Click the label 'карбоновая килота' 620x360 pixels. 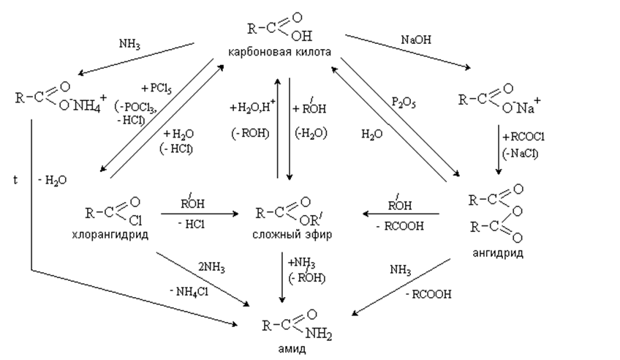point(279,52)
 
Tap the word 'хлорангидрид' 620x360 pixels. point(110,235)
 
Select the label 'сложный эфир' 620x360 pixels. point(292,234)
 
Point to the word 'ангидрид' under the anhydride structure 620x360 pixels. point(498,252)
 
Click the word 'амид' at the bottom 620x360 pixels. point(292,349)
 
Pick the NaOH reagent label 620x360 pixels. point(416,40)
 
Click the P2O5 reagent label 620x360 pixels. point(404,103)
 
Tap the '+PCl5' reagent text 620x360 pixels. point(156,88)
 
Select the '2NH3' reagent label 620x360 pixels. point(211,268)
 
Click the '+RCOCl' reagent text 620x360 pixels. point(523,137)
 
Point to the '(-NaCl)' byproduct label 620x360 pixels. point(520,154)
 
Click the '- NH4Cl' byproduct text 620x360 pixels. point(189,292)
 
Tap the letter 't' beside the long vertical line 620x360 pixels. point(15,180)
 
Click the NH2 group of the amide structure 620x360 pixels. point(319,334)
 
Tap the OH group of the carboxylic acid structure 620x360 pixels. point(302,36)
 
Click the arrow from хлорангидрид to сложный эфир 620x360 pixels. point(200,214)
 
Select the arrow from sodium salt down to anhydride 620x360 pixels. point(499,150)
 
